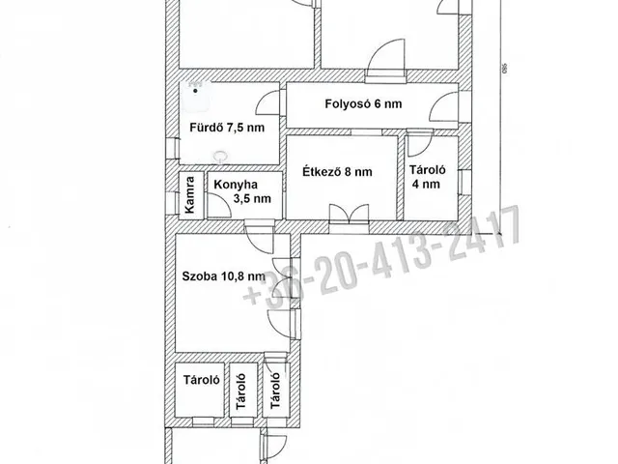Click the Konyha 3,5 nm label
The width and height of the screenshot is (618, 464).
[x=241, y=190]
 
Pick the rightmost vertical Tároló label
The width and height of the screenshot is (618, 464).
[x=275, y=391]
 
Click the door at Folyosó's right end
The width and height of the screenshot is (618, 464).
[x=446, y=110]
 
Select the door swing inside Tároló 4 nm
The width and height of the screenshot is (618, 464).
[x=416, y=145]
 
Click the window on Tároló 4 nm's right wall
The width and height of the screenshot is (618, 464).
[x=469, y=179]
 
